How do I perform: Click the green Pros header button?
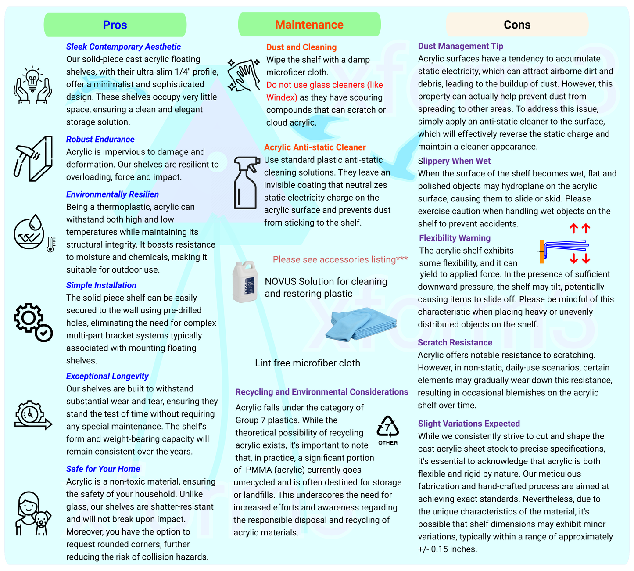coord(115,25)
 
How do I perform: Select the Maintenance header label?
coord(309,25)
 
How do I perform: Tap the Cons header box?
coord(517,25)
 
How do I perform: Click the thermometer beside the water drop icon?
coord(50,244)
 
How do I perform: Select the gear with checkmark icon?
coord(33,322)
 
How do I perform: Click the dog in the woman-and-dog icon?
coord(42,522)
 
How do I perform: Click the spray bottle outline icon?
coord(245,182)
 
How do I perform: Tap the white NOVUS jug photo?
coord(244,281)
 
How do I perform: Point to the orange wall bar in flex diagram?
coord(542,251)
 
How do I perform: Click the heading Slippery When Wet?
coord(454,161)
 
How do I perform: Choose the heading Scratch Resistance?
coord(455,342)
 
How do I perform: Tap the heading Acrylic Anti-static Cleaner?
coord(315,147)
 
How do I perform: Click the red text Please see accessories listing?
coord(340,259)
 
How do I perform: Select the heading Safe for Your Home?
coord(103,469)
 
